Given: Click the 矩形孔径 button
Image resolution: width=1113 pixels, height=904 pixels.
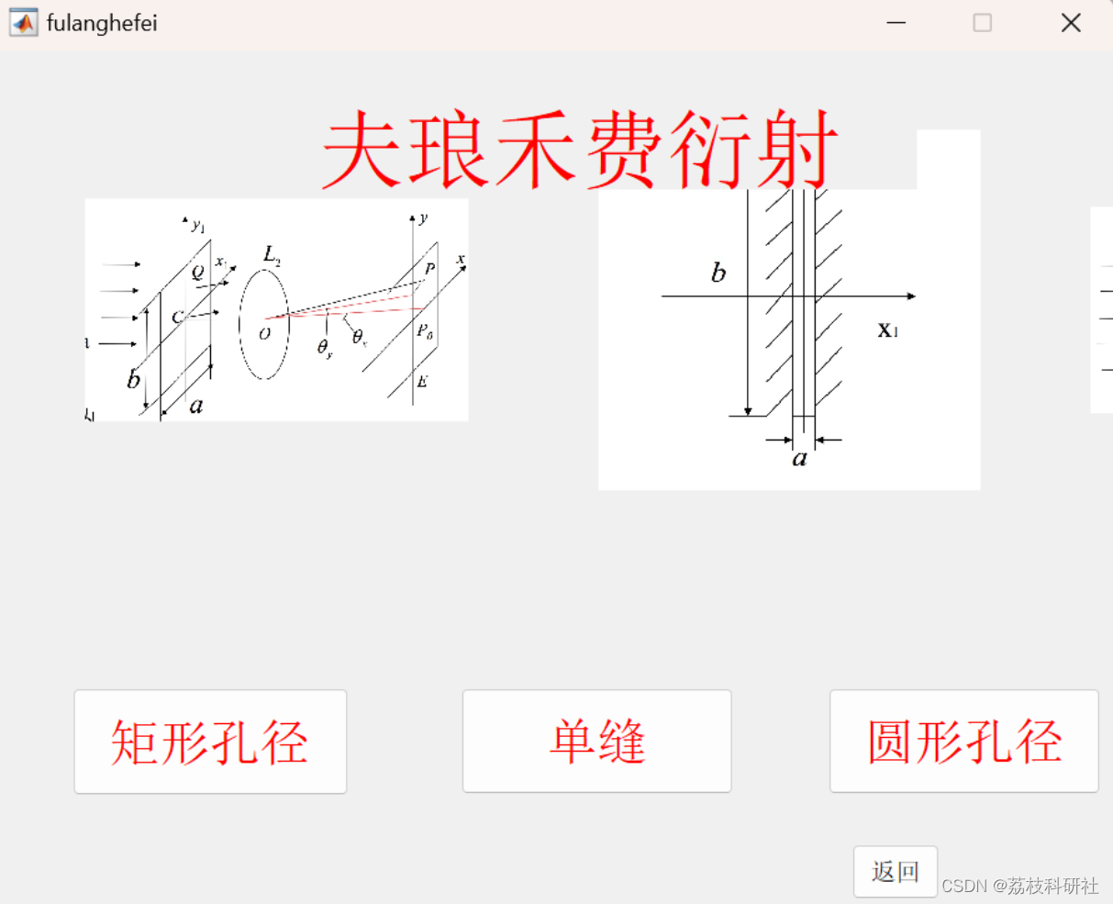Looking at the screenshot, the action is click(x=210, y=742).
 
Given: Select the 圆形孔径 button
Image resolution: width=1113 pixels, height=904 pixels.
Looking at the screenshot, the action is click(x=963, y=742).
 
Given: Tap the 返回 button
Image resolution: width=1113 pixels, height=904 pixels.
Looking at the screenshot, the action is click(x=895, y=871).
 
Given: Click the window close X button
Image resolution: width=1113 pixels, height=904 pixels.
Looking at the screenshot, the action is click(x=1071, y=23).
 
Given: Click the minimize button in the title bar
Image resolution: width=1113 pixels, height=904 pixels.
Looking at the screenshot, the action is click(x=896, y=23).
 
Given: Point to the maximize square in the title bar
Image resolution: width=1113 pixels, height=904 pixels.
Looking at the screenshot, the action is click(x=983, y=23).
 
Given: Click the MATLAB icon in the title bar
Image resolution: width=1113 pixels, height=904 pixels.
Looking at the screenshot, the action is click(x=24, y=23).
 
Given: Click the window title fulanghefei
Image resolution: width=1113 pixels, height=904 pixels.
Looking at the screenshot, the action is click(x=102, y=23).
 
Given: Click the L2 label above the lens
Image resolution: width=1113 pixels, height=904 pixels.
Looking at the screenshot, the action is click(x=272, y=254).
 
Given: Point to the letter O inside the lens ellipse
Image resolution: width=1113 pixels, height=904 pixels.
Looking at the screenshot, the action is click(x=264, y=334).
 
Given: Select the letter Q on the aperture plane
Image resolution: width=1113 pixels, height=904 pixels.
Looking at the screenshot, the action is click(x=198, y=272).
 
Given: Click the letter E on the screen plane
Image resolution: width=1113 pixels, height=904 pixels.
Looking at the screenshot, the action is click(x=422, y=382).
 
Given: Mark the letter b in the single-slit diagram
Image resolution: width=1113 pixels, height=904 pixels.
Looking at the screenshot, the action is click(x=718, y=273).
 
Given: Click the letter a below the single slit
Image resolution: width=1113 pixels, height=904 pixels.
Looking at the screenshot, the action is click(x=800, y=458).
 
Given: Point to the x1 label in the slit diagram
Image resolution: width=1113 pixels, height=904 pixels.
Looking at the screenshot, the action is click(x=887, y=330).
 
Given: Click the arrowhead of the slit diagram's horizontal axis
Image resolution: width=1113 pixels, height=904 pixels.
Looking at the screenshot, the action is click(x=911, y=296).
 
